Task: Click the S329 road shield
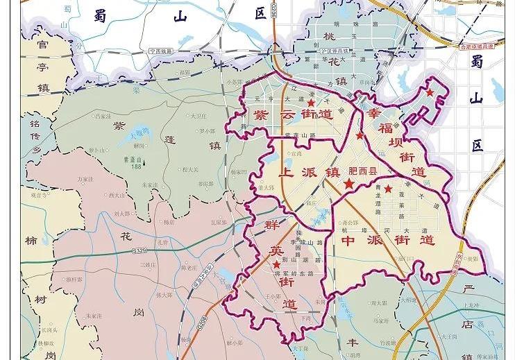(x=140, y=250)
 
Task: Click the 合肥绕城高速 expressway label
(x=477, y=46)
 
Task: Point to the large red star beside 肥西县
(x=348, y=185)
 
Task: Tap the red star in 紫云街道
(x=311, y=103)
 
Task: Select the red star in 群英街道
(x=276, y=265)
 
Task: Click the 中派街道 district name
(x=388, y=241)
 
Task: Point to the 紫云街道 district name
(x=292, y=114)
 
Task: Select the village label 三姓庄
(x=148, y=265)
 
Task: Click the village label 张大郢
(x=164, y=295)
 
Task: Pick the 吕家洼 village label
(x=103, y=117)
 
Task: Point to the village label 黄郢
(x=473, y=259)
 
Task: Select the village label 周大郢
(x=378, y=303)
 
